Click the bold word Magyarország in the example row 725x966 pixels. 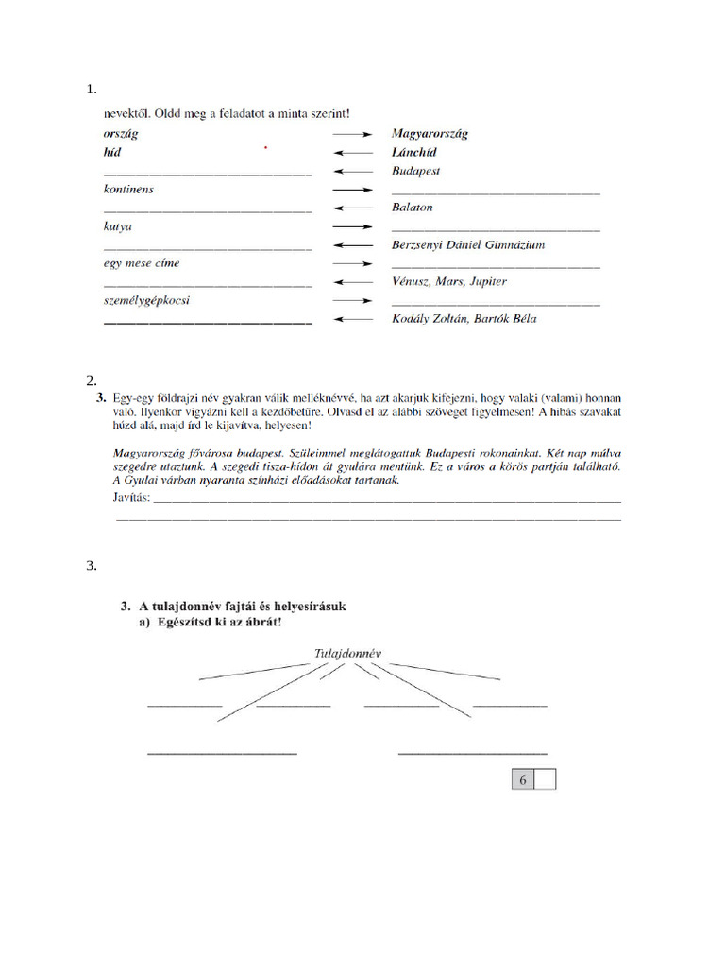pos(430,134)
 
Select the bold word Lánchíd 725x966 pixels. pos(414,152)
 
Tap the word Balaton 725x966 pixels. pos(412,208)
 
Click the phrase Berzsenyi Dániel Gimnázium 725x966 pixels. pos(467,245)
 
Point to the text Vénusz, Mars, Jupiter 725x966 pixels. pos(448,282)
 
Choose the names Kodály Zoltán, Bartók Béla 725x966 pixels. pos(464,319)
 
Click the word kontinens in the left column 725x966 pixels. pos(128,190)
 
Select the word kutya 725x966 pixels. pos(118,227)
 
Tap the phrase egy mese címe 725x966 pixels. pos(141,263)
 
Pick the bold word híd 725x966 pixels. pos(112,152)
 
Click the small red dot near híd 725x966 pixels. pos(266,148)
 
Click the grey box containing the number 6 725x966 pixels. pos(522,779)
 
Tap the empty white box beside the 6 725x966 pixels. pos(546,779)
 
